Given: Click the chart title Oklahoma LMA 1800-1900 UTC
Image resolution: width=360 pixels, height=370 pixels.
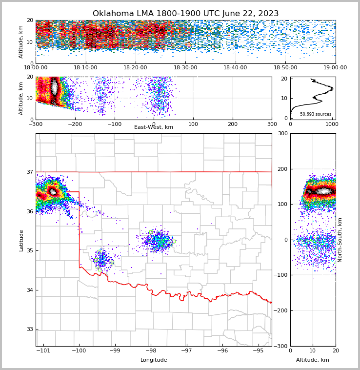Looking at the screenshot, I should pyautogui.click(x=185, y=14).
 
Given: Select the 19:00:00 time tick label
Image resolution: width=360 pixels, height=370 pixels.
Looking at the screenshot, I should pyautogui.click(x=335, y=68).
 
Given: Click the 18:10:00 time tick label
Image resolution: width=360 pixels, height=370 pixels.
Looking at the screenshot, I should pyautogui.click(x=85, y=68).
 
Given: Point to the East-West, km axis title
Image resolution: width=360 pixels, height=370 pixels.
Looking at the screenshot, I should pyautogui.click(x=154, y=127).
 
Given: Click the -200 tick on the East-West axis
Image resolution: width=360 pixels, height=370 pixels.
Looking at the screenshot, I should pyautogui.click(x=75, y=124).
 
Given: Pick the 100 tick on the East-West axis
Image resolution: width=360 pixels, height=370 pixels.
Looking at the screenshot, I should pyautogui.click(x=193, y=124).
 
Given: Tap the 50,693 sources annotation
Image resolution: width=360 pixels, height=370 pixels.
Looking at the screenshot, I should pyautogui.click(x=316, y=114).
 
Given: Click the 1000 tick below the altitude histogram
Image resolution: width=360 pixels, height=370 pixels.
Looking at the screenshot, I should pyautogui.click(x=332, y=124).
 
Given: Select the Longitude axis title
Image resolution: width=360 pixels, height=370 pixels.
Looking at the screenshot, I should pyautogui.click(x=154, y=360).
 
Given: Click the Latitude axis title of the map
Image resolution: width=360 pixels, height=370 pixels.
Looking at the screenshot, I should pyautogui.click(x=21, y=240).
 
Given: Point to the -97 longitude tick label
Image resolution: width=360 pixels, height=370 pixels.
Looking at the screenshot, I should pyautogui.click(x=186, y=350).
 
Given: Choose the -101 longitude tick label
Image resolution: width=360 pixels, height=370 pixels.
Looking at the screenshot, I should pyautogui.click(x=44, y=350).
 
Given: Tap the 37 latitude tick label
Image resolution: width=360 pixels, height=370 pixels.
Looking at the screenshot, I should pyautogui.click(x=29, y=172).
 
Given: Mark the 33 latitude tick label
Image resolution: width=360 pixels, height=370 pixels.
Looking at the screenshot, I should pyautogui.click(x=29, y=329).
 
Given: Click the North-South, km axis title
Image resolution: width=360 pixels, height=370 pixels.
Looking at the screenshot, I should pyautogui.click(x=340, y=240).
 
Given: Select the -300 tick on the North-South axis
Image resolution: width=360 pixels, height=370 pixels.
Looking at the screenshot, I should pyautogui.click(x=282, y=346).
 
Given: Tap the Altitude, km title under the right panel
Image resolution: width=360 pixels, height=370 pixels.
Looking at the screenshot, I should pyautogui.click(x=313, y=360).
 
